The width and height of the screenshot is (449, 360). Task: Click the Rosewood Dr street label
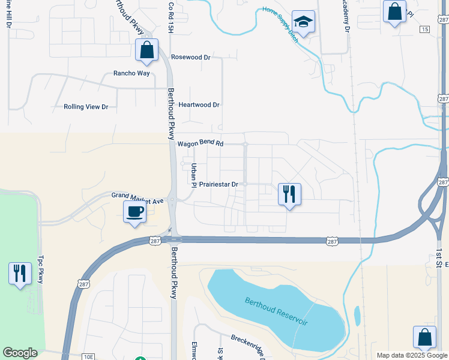(190, 58)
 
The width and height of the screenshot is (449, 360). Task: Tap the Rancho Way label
(131, 73)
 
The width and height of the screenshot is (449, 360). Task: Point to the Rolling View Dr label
(86, 107)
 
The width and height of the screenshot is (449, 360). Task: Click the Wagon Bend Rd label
(200, 144)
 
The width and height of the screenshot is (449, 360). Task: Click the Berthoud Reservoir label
(276, 311)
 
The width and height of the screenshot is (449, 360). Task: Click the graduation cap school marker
(304, 23)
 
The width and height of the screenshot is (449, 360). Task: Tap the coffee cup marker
(135, 211)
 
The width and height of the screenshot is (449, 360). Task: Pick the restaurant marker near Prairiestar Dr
(289, 194)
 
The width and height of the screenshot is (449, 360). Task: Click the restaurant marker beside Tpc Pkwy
(20, 273)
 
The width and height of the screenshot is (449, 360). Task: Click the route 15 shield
(424, 29)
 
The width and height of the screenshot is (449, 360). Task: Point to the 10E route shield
(88, 356)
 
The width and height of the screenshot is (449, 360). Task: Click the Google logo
(20, 353)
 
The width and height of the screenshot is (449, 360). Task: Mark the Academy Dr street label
(346, 16)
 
